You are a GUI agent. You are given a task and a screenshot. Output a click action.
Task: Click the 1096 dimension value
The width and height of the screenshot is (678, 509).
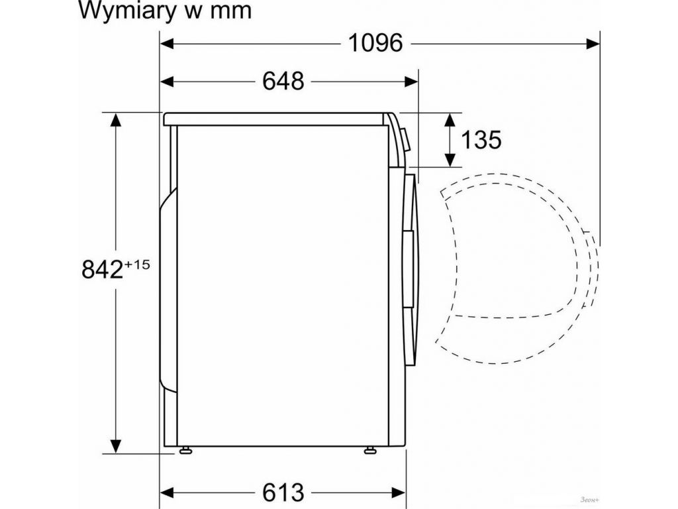click(x=375, y=43)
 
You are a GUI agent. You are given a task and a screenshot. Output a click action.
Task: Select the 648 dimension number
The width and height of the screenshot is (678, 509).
click(x=283, y=81)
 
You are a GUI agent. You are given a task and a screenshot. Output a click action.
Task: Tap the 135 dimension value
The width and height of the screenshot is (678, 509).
click(x=481, y=140)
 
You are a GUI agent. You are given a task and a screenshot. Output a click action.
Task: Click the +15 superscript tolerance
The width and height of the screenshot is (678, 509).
click(x=137, y=264)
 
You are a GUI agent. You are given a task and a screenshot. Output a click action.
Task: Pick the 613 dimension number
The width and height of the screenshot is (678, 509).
click(x=283, y=492)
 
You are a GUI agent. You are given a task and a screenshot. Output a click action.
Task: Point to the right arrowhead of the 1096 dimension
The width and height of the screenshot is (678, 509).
click(x=593, y=44)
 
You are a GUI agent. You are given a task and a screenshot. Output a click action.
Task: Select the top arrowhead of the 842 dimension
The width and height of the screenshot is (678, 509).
click(x=117, y=120)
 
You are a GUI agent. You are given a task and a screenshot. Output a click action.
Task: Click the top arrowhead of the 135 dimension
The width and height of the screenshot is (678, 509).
click(x=450, y=120)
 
